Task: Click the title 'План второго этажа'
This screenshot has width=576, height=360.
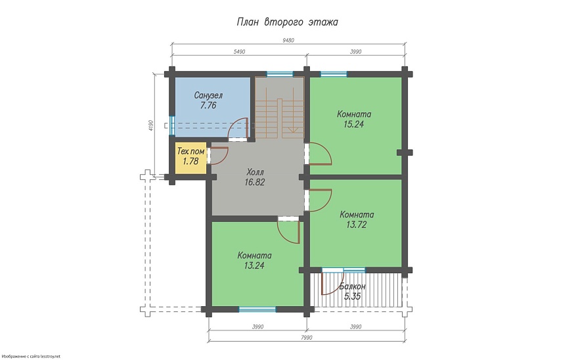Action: [287, 22]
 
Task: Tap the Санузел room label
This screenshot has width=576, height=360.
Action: [208, 95]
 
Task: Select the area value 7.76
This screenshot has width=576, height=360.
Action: [208, 105]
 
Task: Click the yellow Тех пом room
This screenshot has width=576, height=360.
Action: [190, 158]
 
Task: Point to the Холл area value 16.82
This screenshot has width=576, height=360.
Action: [255, 182]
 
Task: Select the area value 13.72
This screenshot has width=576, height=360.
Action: [357, 225]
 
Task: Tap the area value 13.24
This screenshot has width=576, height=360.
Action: [254, 265]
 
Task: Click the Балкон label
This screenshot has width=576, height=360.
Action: [352, 286]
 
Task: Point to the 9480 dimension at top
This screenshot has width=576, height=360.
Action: [288, 41]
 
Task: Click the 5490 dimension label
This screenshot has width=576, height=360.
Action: [239, 52]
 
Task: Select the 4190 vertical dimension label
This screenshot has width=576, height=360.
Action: [150, 125]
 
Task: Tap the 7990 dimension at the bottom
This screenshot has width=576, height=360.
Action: [307, 338]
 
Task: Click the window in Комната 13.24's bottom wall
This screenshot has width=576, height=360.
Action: [257, 309]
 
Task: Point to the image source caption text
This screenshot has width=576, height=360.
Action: [30, 356]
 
